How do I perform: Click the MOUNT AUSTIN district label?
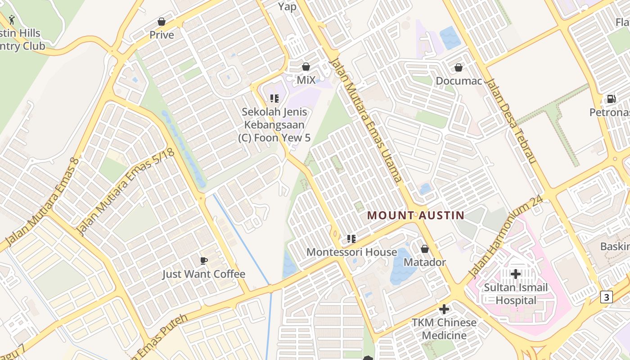[x=415, y=215]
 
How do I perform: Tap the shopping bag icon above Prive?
[x=162, y=22]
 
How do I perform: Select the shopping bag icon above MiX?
[x=306, y=67]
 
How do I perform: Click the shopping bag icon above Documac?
[x=459, y=68]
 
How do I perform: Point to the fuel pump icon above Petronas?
[x=611, y=99]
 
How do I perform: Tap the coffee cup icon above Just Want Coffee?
[x=204, y=261]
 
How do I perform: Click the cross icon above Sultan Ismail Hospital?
[x=516, y=274]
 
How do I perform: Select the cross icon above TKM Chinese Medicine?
[x=444, y=309]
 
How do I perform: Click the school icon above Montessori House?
[x=351, y=238]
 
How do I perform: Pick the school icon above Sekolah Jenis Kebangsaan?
[x=274, y=98]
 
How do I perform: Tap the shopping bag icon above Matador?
[x=425, y=249]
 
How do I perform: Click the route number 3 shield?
[x=607, y=297]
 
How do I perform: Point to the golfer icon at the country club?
[x=12, y=20]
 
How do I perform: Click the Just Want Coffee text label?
[x=204, y=274]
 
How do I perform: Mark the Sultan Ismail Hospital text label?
[x=516, y=294]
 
